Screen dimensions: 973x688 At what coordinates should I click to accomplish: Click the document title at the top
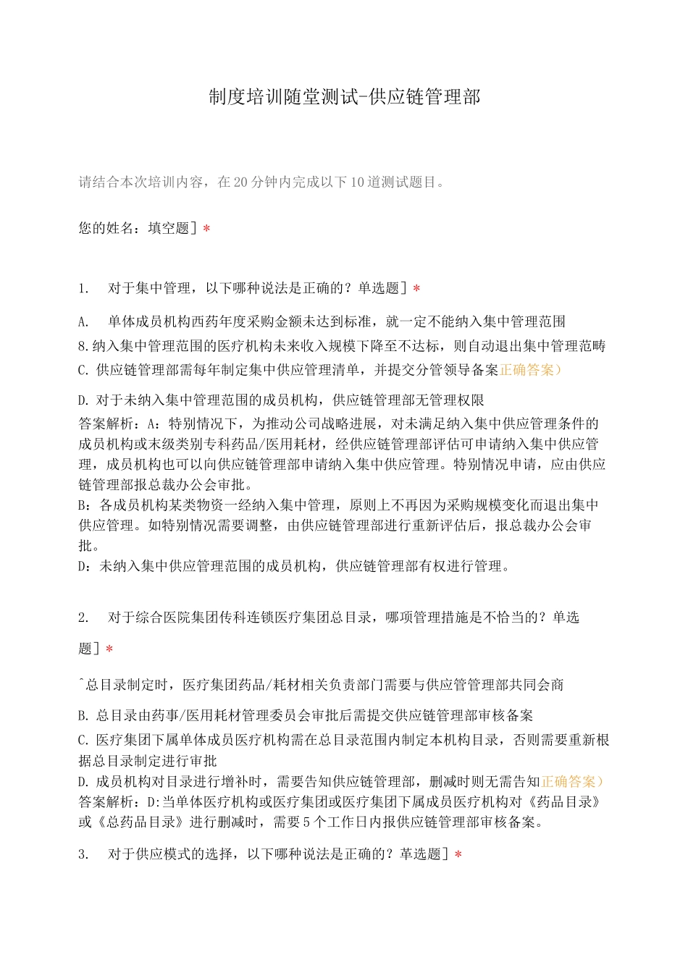[x=344, y=97]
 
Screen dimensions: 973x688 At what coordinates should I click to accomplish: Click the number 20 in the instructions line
[x=241, y=182]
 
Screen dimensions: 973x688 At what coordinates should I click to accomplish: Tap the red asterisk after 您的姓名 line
[x=206, y=229]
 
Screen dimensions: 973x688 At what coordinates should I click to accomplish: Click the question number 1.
[x=83, y=289]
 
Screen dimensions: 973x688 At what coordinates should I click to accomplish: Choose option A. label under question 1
[x=83, y=321]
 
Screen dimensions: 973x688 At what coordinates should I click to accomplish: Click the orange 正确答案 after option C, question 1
[x=529, y=370]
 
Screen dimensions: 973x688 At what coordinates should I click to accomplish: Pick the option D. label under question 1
[x=83, y=400]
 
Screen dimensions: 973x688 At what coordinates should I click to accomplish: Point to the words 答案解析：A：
[x=120, y=424]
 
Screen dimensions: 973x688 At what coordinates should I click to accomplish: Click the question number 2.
[x=83, y=618]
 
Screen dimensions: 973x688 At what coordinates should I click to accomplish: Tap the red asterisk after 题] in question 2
[x=109, y=649]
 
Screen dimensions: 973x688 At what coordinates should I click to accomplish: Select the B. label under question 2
[x=83, y=715]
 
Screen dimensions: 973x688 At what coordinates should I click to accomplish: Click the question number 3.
[x=83, y=854]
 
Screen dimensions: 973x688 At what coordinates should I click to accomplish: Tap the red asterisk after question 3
[x=457, y=855]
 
